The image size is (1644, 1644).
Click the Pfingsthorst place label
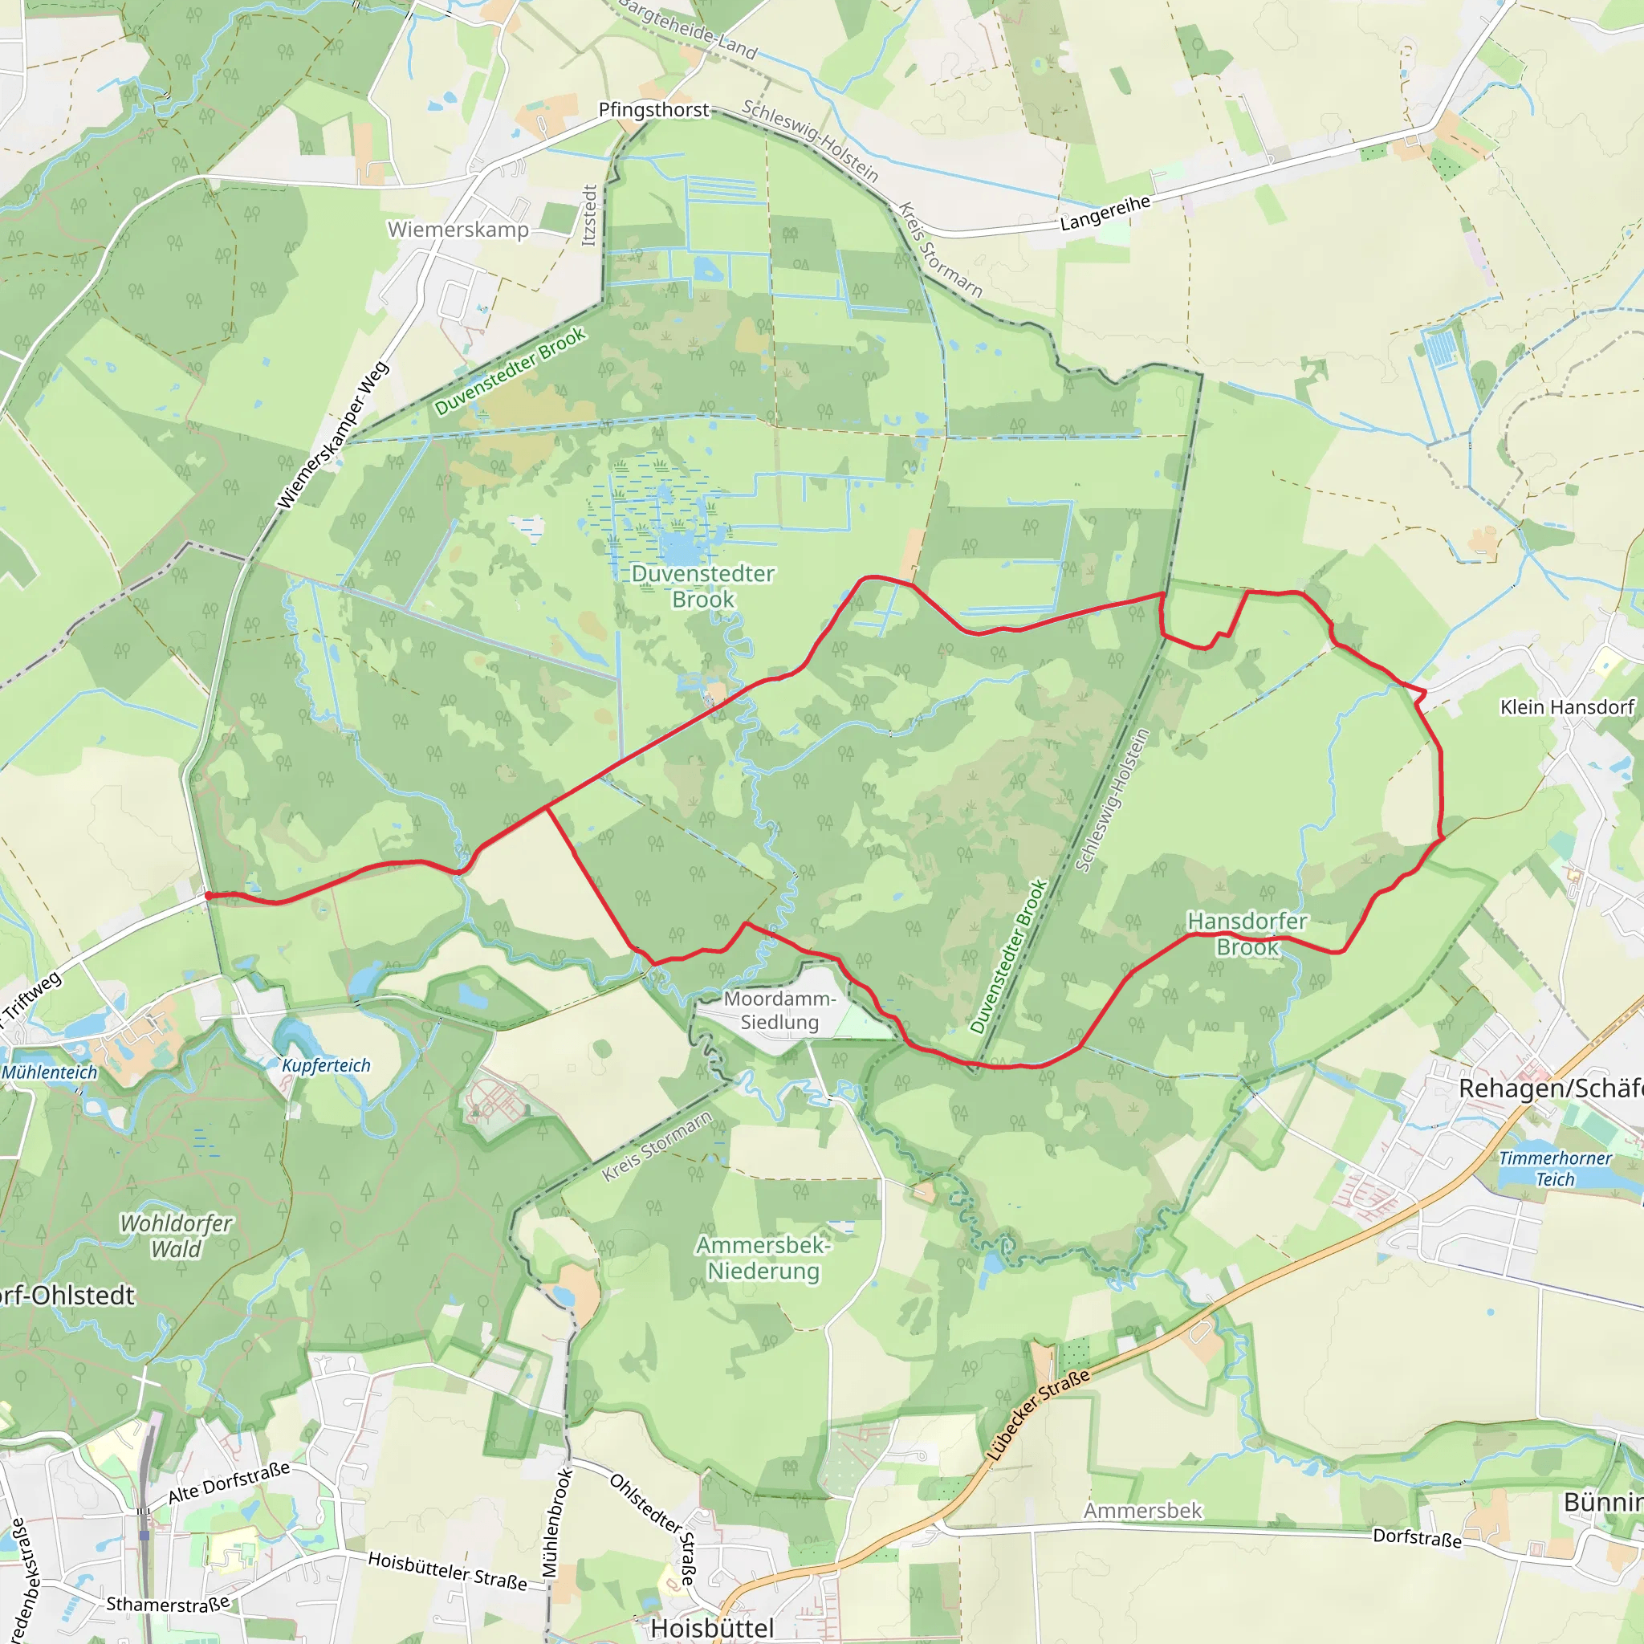pyautogui.click(x=653, y=110)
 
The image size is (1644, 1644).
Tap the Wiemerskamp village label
pyautogui.click(x=458, y=230)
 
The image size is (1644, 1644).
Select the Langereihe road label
pyautogui.click(x=1105, y=213)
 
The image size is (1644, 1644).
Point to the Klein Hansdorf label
pyautogui.click(x=1567, y=707)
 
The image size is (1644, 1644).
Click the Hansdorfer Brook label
pyautogui.click(x=1247, y=934)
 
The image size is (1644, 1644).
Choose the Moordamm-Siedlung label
pyautogui.click(x=779, y=1010)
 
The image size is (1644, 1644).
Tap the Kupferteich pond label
pyautogui.click(x=326, y=1065)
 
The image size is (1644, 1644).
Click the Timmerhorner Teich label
pyautogui.click(x=1555, y=1168)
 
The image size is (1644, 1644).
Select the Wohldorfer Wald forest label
pyautogui.click(x=176, y=1235)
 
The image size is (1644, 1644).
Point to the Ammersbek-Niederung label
pyautogui.click(x=763, y=1258)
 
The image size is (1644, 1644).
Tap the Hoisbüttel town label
pyautogui.click(x=712, y=1628)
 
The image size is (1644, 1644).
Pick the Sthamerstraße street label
pyautogui.click(x=168, y=1604)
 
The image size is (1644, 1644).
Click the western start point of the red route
pyautogui.click(x=209, y=895)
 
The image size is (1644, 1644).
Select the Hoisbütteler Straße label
pyautogui.click(x=447, y=1571)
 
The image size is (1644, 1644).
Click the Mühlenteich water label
pyautogui.click(x=49, y=1072)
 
